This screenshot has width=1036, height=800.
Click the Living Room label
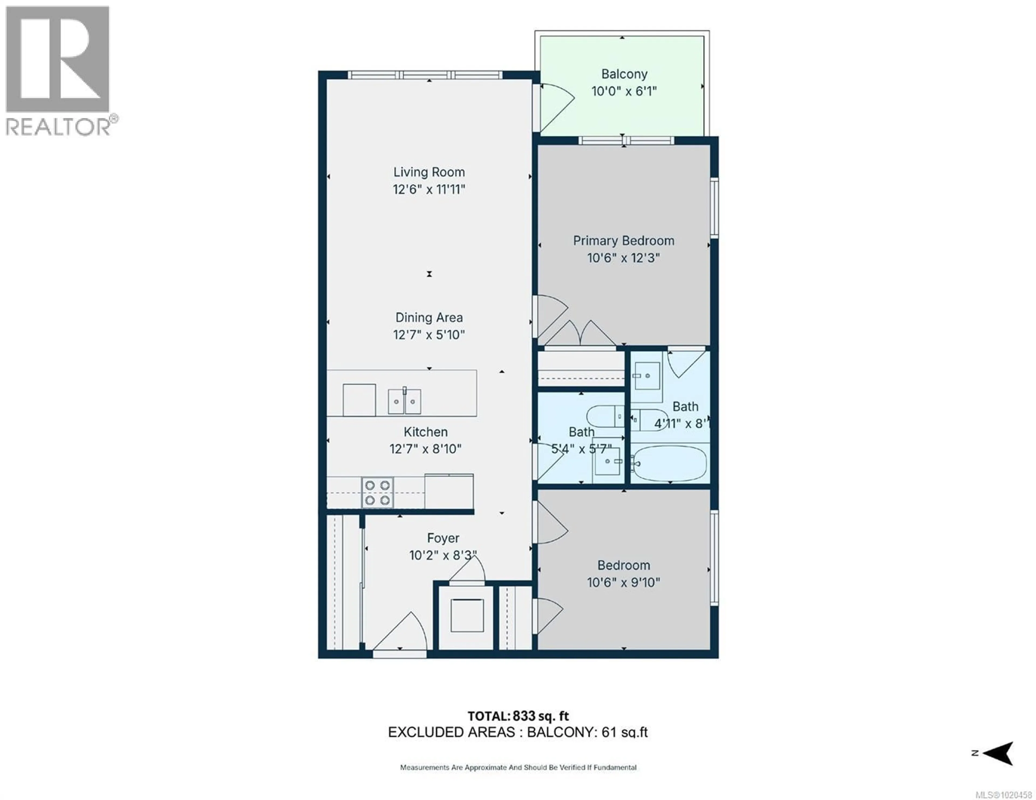pyautogui.click(x=429, y=172)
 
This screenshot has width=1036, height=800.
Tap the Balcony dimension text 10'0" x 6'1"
pyautogui.click(x=624, y=91)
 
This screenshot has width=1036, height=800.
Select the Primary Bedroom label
pyautogui.click(x=623, y=241)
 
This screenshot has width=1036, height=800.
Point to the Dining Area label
pyautogui.click(x=429, y=318)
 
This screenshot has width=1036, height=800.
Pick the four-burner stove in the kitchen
pyautogui.click(x=378, y=493)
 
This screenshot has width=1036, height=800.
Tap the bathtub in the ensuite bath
pyautogui.click(x=670, y=463)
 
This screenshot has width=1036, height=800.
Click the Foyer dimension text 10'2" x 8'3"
pyautogui.click(x=442, y=555)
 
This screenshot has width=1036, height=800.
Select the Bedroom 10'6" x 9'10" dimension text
pyautogui.click(x=623, y=582)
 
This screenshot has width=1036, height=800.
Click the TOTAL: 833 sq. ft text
pyautogui.click(x=518, y=716)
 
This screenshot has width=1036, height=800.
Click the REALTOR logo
pyautogui.click(x=58, y=71)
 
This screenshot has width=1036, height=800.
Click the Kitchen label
pyautogui.click(x=425, y=432)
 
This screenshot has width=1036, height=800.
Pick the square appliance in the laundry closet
pyautogui.click(x=467, y=616)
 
